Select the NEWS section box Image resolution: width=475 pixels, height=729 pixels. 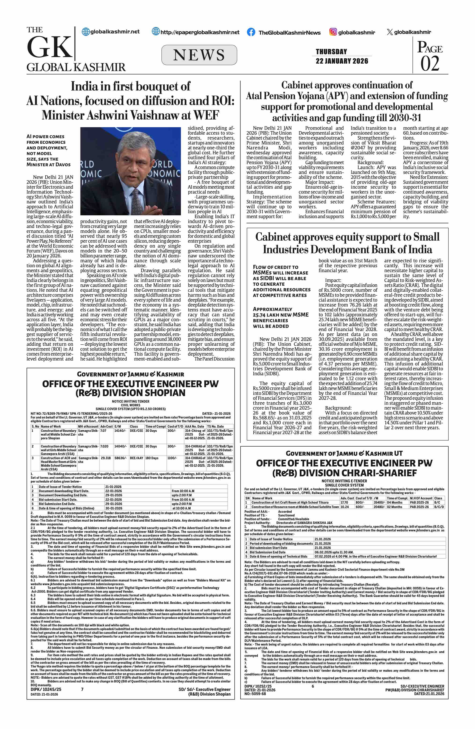pyautogui.click(x=199, y=55)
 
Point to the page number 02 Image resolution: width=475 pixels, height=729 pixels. pyautogui.click(x=430, y=64)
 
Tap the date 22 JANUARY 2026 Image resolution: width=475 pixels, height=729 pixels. pyautogui.click(x=342, y=61)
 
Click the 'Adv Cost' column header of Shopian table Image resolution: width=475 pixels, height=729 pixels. pyautogui.click(x=106, y=426)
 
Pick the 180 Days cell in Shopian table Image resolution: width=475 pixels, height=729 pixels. pyautogui.click(x=152, y=458)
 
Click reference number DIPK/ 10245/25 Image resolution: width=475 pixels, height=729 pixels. pyautogui.click(x=46, y=689)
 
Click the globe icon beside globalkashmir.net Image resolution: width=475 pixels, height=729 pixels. pyautogui.click(x=86, y=32)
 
